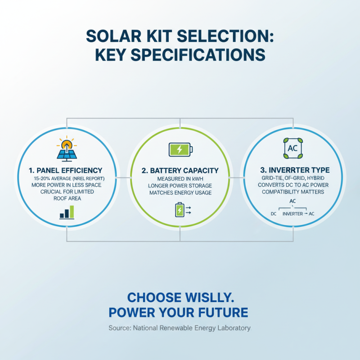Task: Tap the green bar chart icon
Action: [x=67, y=212]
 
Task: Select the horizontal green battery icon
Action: [x=180, y=149]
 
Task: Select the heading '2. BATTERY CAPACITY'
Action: [x=180, y=171]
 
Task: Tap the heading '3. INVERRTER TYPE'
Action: [x=293, y=170]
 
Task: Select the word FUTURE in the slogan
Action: [x=225, y=312]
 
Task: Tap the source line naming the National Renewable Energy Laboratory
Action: [x=180, y=328]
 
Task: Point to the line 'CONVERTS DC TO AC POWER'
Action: [x=292, y=185]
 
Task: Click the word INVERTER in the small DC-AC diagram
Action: [x=292, y=214]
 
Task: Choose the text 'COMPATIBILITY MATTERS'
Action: [x=292, y=192]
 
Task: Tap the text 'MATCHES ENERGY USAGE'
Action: [x=180, y=193]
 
